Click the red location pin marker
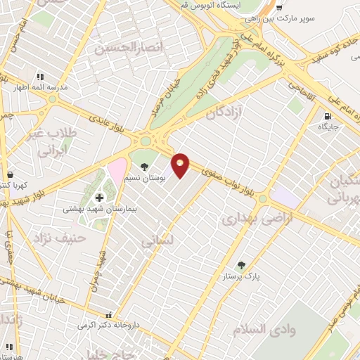(x=181, y=166)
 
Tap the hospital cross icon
(x=98, y=197)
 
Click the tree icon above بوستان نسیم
(x=144, y=167)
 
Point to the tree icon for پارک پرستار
(x=242, y=265)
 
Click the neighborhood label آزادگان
(x=231, y=112)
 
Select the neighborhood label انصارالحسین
(x=124, y=49)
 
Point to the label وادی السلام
(x=271, y=329)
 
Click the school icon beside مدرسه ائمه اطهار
(x=39, y=77)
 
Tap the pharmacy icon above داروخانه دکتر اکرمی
(x=108, y=316)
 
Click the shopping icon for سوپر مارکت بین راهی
(x=278, y=7)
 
